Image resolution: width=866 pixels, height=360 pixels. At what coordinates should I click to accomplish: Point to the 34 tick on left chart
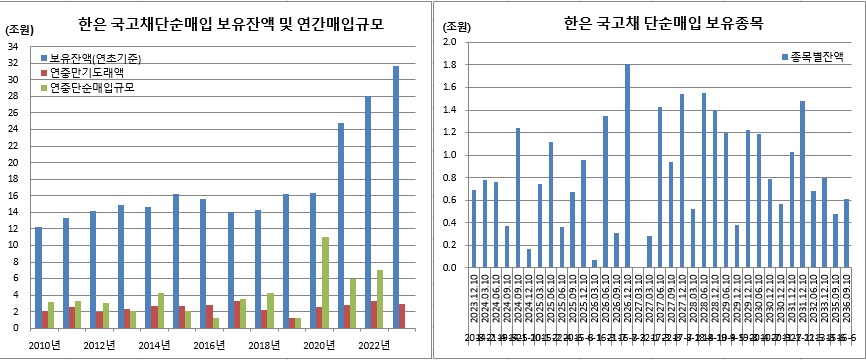pyautogui.click(x=13, y=47)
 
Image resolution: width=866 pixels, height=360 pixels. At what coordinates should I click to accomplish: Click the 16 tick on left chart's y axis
pyautogui.click(x=13, y=196)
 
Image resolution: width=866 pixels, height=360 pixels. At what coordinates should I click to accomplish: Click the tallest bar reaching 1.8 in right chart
pyautogui.click(x=627, y=166)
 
